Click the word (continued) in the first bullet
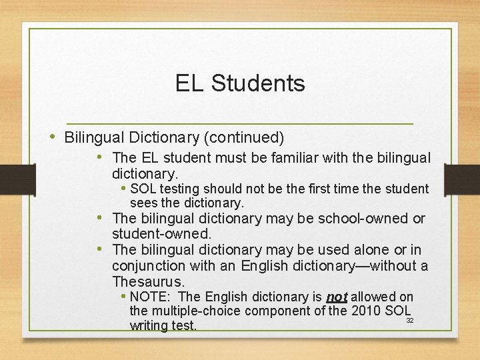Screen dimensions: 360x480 244,138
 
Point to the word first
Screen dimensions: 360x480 326,189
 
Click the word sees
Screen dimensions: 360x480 143,203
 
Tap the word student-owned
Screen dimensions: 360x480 162,234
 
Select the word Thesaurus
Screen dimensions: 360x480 148,281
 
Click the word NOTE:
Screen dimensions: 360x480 152,297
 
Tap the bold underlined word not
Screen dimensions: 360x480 337,297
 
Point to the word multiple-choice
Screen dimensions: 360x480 191,311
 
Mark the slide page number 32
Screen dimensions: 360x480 410,321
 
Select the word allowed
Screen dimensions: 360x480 373,297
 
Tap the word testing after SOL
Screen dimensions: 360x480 178,189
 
